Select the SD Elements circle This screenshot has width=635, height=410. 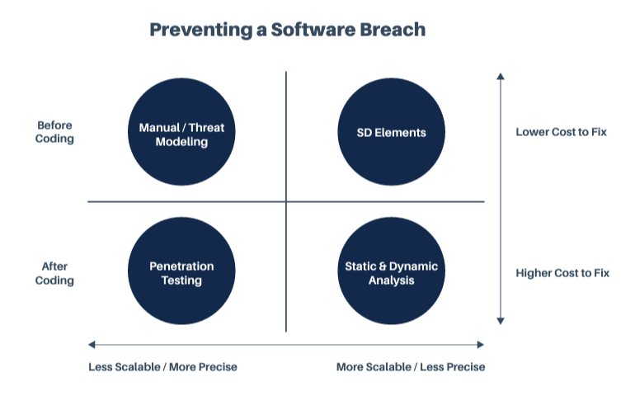pyautogui.click(x=391, y=132)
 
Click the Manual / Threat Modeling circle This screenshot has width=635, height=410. pyautogui.click(x=181, y=132)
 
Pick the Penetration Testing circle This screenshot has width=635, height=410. pyautogui.click(x=181, y=271)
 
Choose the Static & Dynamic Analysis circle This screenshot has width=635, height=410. pyautogui.click(x=391, y=271)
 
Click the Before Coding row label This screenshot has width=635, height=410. pyautogui.click(x=54, y=132)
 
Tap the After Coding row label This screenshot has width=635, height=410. pyautogui.click(x=54, y=273)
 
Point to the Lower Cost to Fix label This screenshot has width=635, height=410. pyautogui.click(x=561, y=132)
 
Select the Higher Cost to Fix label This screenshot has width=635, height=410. pyautogui.click(x=562, y=273)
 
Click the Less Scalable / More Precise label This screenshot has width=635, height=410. pyautogui.click(x=162, y=367)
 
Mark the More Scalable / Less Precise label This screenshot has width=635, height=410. pyautogui.click(x=411, y=367)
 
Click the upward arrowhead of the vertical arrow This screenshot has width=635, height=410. pyautogui.click(x=501, y=76)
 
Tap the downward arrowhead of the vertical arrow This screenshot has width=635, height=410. pyautogui.click(x=501, y=321)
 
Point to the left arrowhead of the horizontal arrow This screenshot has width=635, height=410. pyautogui.click(x=92, y=345)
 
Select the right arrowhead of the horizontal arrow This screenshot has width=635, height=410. pyautogui.click(x=481, y=345)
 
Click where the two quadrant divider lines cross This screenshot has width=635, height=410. pyautogui.click(x=286, y=201)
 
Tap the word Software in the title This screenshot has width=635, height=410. pyautogui.click(x=313, y=30)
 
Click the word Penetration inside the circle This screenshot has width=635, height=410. pyautogui.click(x=181, y=266)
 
